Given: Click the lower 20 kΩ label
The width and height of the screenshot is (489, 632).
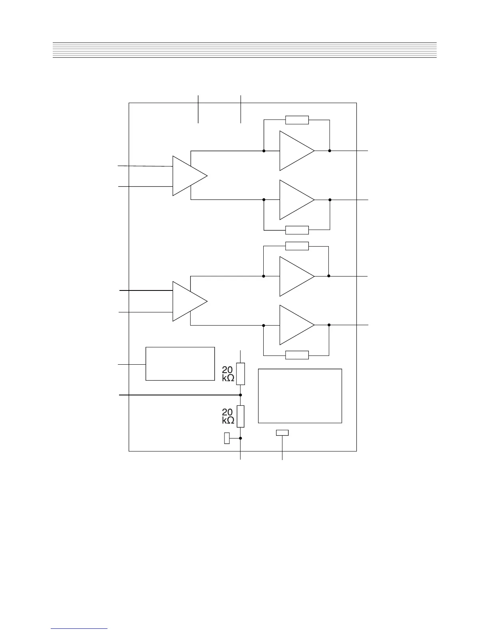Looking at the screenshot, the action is [x=228, y=416].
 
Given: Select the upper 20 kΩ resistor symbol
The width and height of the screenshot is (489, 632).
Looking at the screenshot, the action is [x=241, y=374].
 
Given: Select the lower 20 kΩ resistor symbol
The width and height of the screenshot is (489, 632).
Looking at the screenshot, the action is [x=241, y=416].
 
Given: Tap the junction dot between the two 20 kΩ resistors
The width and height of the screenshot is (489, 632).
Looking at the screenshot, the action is [x=241, y=395].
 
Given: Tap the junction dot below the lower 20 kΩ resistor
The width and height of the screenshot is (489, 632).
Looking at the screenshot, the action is [x=241, y=438].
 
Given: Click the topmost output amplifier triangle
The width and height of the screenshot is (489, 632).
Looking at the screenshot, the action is [x=294, y=151].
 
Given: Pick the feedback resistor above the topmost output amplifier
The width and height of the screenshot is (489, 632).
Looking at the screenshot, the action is [x=297, y=120].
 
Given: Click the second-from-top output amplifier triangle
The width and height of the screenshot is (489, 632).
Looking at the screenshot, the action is [x=294, y=199].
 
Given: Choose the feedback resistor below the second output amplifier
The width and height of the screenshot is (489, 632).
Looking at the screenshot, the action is [x=297, y=230].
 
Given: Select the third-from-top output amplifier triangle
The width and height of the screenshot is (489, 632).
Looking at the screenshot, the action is [x=294, y=276].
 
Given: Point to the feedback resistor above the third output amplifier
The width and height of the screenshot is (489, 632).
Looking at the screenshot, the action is [x=297, y=246].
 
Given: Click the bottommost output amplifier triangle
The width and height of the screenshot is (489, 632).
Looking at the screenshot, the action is [x=294, y=325].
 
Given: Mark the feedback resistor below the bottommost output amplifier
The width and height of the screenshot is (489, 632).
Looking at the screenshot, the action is [x=297, y=355].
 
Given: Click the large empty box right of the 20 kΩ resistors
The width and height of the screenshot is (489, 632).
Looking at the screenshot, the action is [x=300, y=395].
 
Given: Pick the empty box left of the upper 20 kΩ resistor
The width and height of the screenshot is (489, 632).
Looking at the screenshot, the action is [x=180, y=364].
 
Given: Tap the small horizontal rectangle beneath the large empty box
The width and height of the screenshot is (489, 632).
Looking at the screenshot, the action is [x=282, y=433].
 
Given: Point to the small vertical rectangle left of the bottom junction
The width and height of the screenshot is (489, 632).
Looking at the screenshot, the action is [x=227, y=438].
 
